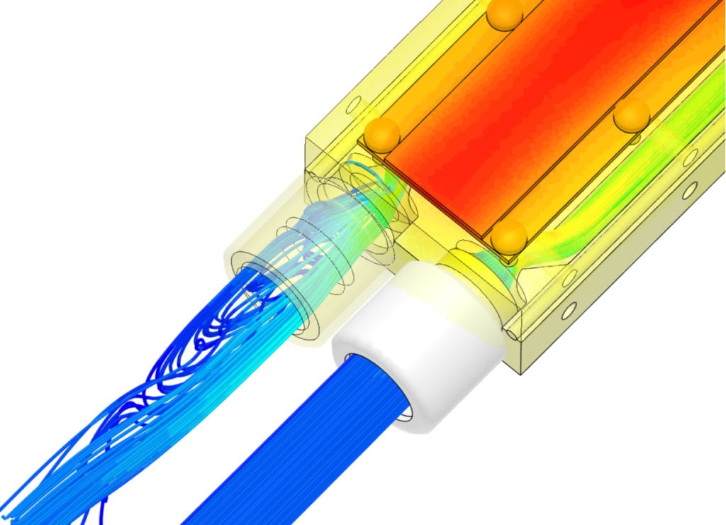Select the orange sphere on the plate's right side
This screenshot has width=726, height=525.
tap(631, 116)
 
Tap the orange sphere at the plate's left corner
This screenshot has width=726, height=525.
tap(382, 135)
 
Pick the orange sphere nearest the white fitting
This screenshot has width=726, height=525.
tap(509, 237)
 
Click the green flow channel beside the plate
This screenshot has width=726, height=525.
tap(638, 184)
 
